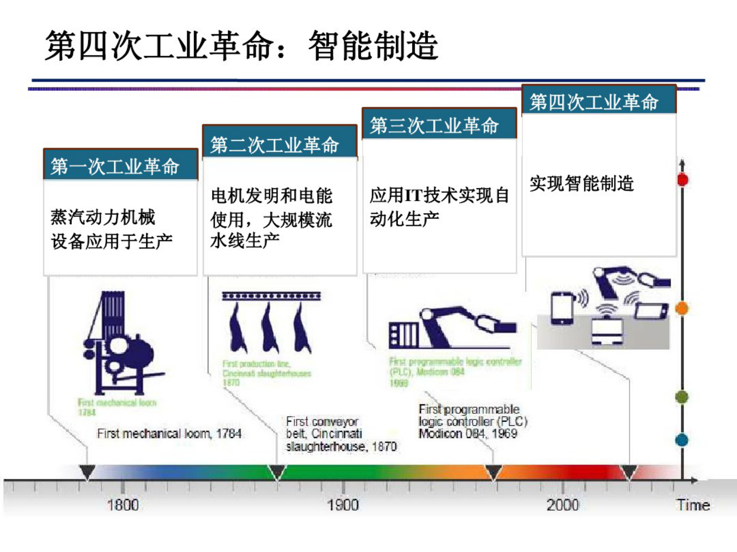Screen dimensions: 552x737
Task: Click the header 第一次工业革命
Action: [x=115, y=166]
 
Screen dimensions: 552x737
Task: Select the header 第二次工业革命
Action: [x=274, y=145]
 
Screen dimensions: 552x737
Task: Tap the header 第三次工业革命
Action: [x=434, y=125]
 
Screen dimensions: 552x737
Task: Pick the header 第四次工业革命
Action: [x=594, y=102]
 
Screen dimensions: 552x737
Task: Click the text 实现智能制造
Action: [x=581, y=183]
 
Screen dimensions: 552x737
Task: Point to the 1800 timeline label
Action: [x=123, y=505]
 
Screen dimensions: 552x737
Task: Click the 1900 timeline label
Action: [x=343, y=505]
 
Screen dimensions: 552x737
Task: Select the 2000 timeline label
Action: [x=562, y=505]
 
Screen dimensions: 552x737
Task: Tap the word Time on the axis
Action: [x=693, y=505]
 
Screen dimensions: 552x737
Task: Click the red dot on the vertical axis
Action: [x=682, y=180]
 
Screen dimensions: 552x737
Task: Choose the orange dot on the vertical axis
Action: [x=682, y=308]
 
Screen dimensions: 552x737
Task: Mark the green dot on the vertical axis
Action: [x=682, y=397]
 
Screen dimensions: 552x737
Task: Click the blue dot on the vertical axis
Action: [x=682, y=440]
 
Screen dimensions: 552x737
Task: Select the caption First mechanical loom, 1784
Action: [x=169, y=434]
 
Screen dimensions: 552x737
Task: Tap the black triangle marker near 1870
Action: [x=277, y=472]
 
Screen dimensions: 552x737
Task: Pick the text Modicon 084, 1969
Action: [x=468, y=434]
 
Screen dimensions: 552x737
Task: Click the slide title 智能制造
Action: [x=373, y=46]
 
